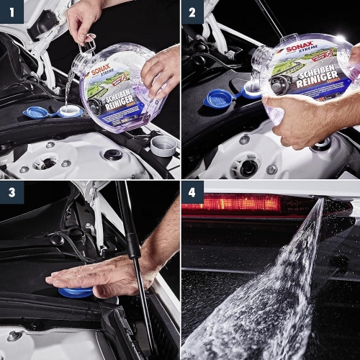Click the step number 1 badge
coord(12,12)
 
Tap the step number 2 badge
coord(192,12)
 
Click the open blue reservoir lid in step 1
coord(35,112)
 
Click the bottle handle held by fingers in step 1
coord(89,45)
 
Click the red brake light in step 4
coord(230,203)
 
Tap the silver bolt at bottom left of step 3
coord(14,336)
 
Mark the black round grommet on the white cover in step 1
coord(113,154)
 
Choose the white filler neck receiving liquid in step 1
coord(69,111)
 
